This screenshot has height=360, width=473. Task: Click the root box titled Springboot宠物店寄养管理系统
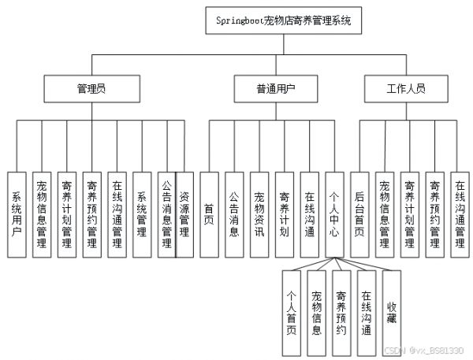pyautogui.click(x=284, y=20)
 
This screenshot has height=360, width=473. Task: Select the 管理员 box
pyautogui.click(x=92, y=89)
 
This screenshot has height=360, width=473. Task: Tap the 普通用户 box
pyautogui.click(x=276, y=89)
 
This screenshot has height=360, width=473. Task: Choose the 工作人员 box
pyautogui.click(x=406, y=89)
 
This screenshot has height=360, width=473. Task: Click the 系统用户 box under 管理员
pyautogui.click(x=17, y=215)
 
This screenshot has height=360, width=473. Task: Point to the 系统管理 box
pyautogui.click(x=142, y=215)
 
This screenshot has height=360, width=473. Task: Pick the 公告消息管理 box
pyautogui.click(x=166, y=215)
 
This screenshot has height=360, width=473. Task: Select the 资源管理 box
pyautogui.click(x=184, y=215)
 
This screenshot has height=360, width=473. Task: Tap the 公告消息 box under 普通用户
pyautogui.click(x=234, y=215)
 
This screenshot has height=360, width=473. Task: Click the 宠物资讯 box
pyautogui.click(x=259, y=215)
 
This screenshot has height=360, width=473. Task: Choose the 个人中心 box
pyautogui.click(x=334, y=215)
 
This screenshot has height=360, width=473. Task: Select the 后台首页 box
pyautogui.click(x=359, y=215)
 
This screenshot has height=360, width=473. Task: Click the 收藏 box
pyautogui.click(x=392, y=313)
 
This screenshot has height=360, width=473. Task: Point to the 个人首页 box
pyautogui.click(x=292, y=313)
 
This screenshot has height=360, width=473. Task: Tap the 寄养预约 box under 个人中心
pyautogui.click(x=341, y=313)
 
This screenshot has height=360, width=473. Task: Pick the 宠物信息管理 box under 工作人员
pyautogui.click(x=385, y=215)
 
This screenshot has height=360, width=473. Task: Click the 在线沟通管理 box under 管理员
pyautogui.click(x=117, y=215)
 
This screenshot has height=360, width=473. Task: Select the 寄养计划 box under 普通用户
pyautogui.click(x=284, y=215)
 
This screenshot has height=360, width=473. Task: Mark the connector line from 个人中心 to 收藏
pyautogui.click(x=363, y=264)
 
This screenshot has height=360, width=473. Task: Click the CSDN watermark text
pyautogui.click(x=424, y=351)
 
